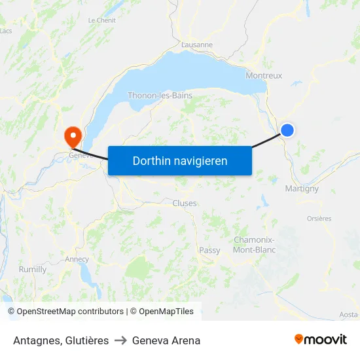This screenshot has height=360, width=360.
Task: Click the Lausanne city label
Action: [197, 45]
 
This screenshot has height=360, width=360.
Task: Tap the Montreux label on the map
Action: [264, 76]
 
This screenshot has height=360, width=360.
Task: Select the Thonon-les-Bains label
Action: [160, 96]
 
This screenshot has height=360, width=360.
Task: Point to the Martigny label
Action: [302, 189]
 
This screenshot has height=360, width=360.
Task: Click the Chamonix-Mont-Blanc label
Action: [255, 245]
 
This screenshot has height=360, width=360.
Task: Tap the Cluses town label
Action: [185, 204]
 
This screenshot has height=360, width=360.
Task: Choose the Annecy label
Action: [77, 259]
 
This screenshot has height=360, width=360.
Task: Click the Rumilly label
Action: [33, 270]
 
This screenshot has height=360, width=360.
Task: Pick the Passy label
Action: [210, 250]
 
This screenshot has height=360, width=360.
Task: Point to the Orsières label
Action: [319, 219]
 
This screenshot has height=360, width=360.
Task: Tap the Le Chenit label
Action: [101, 20]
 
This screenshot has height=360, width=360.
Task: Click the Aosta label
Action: [348, 315]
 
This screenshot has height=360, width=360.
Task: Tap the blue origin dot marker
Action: [287, 130]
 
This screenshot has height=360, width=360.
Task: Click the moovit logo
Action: [320, 340]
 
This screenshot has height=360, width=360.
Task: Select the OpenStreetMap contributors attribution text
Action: [65, 312]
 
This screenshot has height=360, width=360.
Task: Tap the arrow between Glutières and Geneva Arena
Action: [120, 340]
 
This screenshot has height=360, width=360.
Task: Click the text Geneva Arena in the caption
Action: [166, 340]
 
